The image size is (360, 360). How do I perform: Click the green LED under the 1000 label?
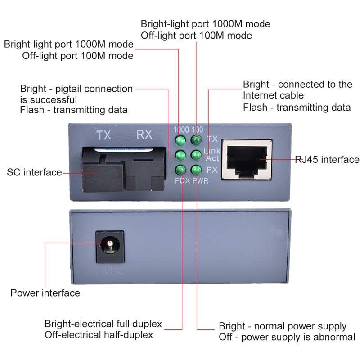pos(180,140)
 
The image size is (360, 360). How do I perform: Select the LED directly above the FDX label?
pos(180,170)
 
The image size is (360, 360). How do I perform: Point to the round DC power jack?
pos(109,246)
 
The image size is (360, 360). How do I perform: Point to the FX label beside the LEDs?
pos(212,171)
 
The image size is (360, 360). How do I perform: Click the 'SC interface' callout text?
pos(34,172)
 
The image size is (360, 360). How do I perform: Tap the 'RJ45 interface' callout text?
pos(327,159)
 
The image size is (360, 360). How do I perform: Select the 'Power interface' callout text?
pos(45,293)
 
